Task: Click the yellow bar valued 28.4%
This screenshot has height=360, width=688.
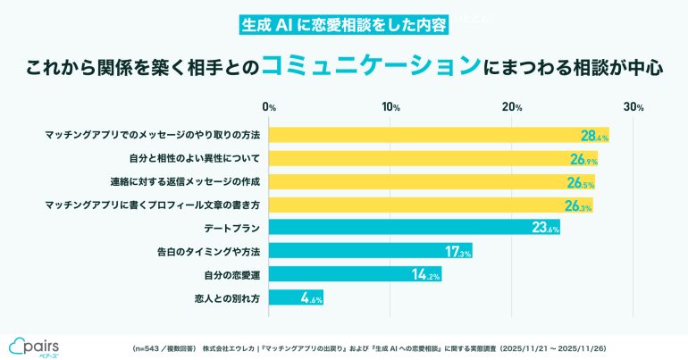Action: pos(438,136)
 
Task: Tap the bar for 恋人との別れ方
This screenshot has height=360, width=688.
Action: pos(296,297)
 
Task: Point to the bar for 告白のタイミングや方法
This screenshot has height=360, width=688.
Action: pos(370,251)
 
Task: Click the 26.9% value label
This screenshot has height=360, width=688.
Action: pos(582,159)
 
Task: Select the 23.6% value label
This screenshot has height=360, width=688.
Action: pos(545,229)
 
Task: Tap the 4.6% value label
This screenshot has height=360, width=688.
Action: pos(310,297)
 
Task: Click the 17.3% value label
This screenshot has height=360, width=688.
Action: pos(458,252)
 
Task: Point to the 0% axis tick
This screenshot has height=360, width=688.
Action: pos(270,108)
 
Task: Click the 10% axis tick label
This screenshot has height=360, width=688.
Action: pos(390,108)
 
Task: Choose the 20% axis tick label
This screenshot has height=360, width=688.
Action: pos(512,108)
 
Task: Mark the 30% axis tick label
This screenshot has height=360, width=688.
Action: pos(633,108)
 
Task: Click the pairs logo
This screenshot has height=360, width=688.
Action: pos(34,345)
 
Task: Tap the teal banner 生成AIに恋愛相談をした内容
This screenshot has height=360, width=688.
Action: pos(344,24)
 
